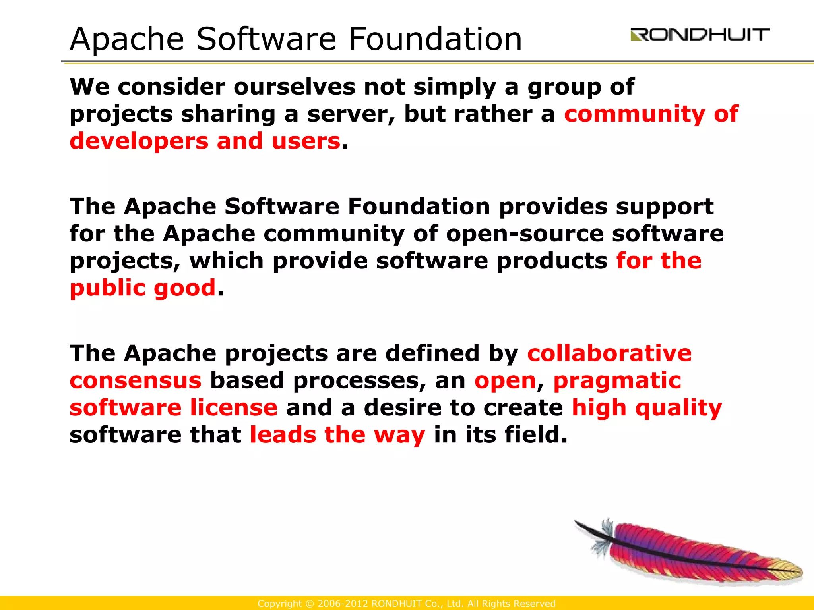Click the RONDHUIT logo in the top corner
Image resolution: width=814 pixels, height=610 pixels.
pos(700,35)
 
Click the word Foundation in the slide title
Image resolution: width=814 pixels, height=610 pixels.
pos(435,39)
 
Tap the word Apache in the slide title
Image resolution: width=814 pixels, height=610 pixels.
pos(127,39)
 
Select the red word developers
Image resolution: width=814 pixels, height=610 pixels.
pos(139,141)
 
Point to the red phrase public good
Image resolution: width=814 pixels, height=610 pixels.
pos(143,288)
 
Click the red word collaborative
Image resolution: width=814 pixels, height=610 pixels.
pos(609,353)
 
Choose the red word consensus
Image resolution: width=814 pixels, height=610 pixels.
pos(136,380)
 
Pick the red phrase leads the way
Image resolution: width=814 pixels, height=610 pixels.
pos(337,435)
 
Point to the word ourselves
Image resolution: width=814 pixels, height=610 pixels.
pos(294,87)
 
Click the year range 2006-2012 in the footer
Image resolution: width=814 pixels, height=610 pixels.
pos(342,604)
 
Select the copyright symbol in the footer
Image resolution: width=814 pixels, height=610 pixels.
pos(310,604)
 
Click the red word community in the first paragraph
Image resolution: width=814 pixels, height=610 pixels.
pos(634,114)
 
